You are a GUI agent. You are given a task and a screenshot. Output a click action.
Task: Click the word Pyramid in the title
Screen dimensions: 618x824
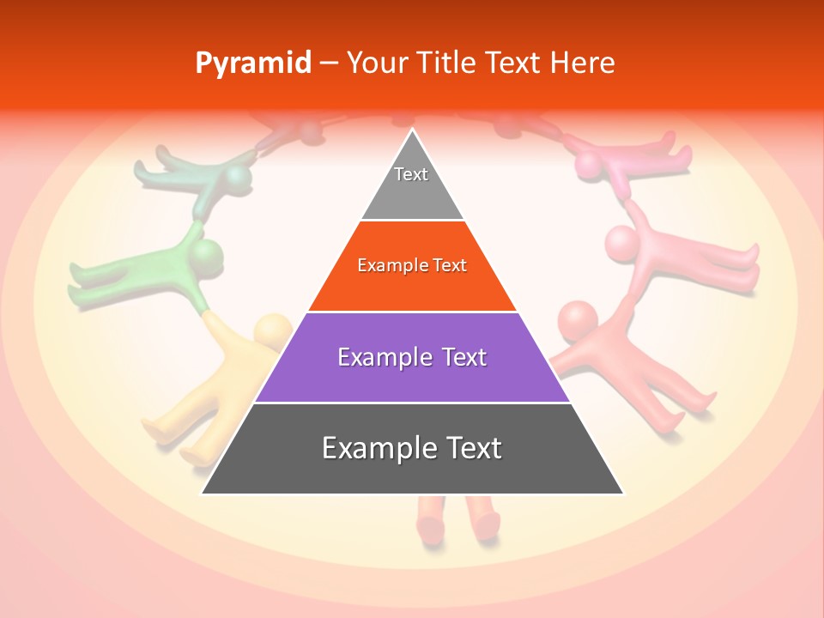pyautogui.click(x=252, y=64)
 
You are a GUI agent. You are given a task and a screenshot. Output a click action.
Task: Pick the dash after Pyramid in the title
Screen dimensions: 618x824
pyautogui.click(x=329, y=64)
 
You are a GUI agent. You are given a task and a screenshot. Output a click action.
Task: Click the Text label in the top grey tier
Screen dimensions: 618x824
pyautogui.click(x=411, y=174)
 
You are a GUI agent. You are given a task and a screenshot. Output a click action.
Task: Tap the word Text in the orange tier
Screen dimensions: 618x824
pyautogui.click(x=451, y=266)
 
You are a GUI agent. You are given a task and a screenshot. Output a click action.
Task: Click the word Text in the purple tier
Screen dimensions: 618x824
pyautogui.click(x=461, y=357)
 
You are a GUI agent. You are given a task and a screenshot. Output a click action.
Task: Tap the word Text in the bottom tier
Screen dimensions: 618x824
pyautogui.click(x=470, y=448)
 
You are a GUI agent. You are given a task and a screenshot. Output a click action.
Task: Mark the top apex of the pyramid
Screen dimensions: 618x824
pyautogui.click(x=412, y=130)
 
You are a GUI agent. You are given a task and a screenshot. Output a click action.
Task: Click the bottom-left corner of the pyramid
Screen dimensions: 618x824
pyautogui.click(x=202, y=494)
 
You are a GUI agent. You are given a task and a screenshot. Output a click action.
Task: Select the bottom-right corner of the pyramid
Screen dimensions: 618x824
pyautogui.click(x=623, y=494)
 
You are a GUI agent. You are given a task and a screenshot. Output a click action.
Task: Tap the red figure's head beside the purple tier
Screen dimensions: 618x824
pyautogui.click(x=578, y=321)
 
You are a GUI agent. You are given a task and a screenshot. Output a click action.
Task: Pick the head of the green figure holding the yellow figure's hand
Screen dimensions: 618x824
pyautogui.click(x=206, y=255)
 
